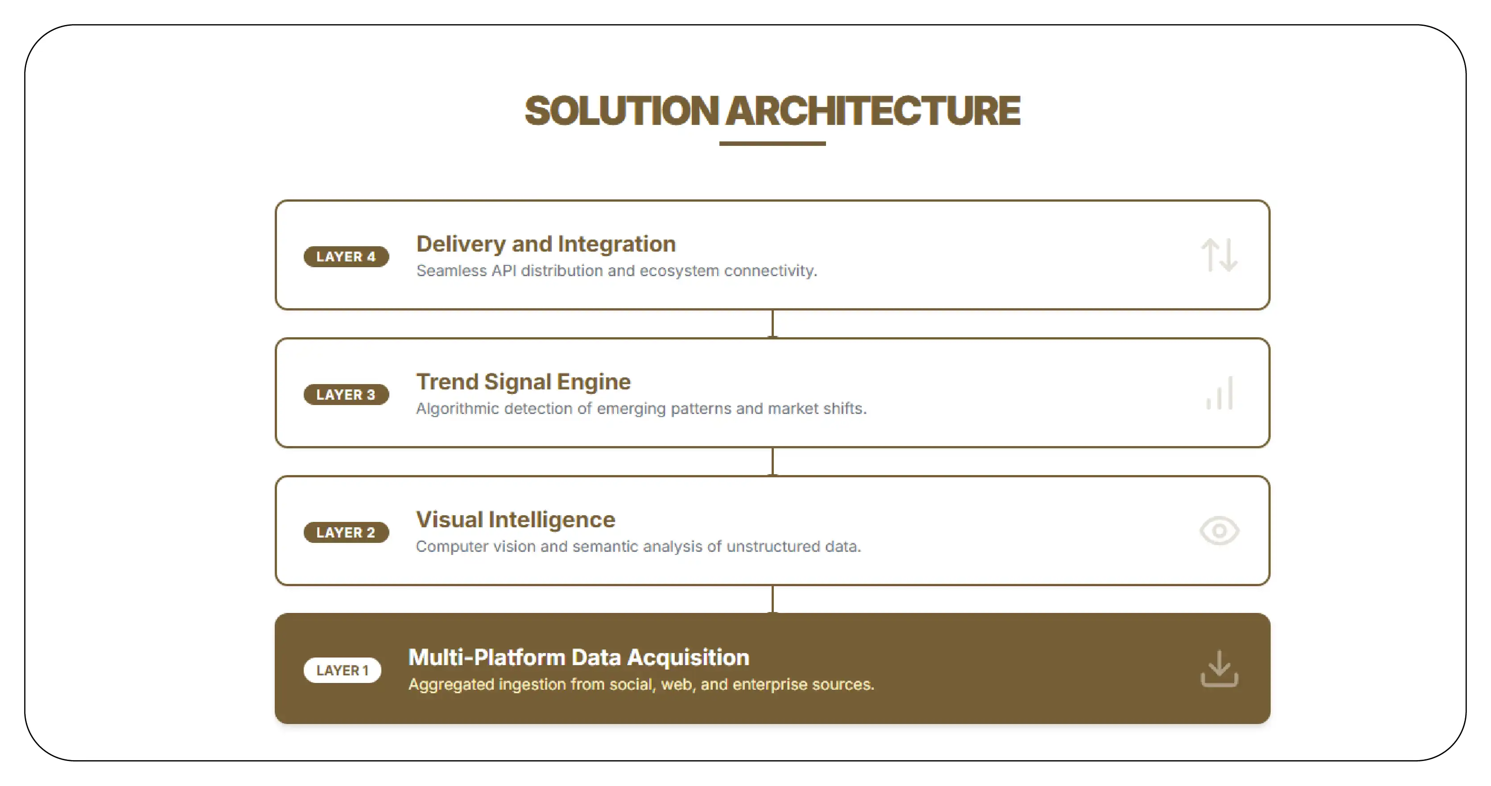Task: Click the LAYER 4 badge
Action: [x=346, y=256]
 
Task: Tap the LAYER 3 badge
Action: [x=346, y=394]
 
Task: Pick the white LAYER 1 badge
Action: [x=342, y=670]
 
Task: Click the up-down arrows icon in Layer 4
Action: [x=1219, y=255]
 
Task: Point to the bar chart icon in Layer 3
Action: [x=1219, y=393]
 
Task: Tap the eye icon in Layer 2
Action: [x=1219, y=531]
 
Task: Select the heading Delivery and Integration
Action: [x=546, y=244]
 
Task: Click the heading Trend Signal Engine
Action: [x=523, y=381]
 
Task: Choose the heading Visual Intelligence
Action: [x=515, y=519]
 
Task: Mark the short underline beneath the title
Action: [x=772, y=143]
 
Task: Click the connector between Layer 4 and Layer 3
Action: [x=772, y=323]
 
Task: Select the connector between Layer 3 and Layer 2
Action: [x=772, y=461]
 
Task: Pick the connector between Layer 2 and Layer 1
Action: [x=772, y=599]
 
